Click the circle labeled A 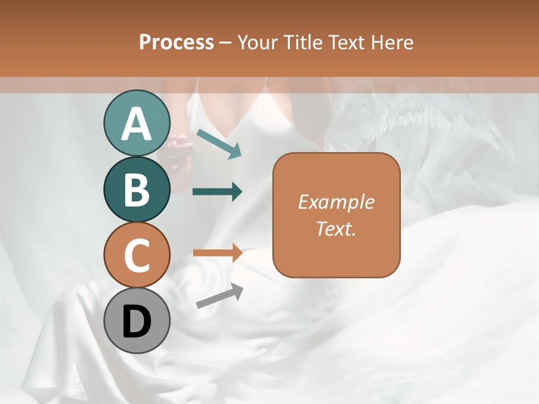(136, 123)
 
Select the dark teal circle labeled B (136, 190)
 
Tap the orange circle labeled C (136, 255)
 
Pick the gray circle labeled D (136, 321)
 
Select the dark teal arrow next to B (217, 192)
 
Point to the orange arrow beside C (217, 252)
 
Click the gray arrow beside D (220, 296)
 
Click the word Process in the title (176, 43)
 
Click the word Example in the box (336, 202)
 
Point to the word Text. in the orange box (336, 228)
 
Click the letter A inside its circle (136, 123)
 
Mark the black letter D (136, 322)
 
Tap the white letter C (136, 256)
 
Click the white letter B (136, 190)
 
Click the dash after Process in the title (226, 43)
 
